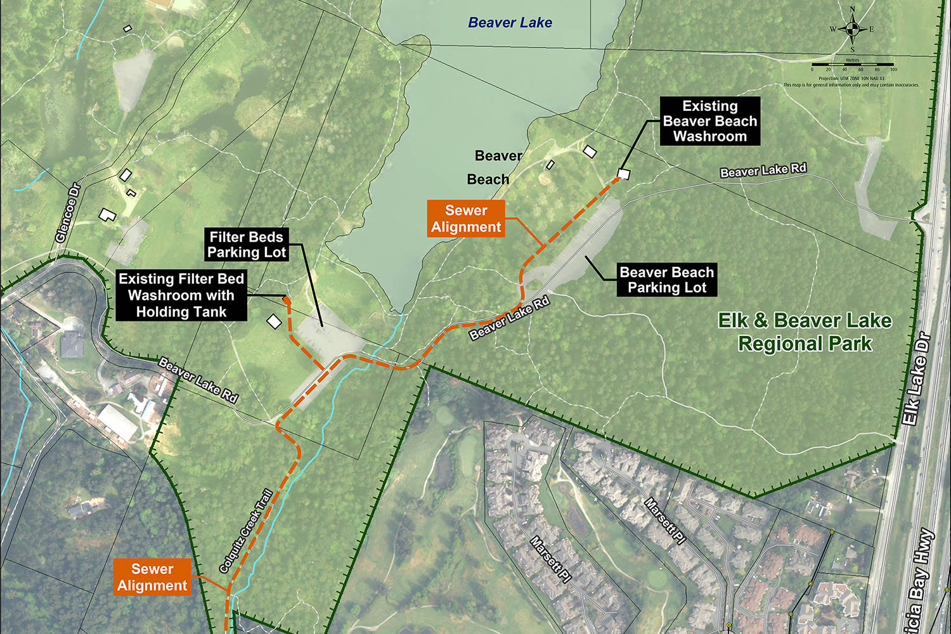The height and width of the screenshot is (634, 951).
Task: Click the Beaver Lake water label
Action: pos(510,23)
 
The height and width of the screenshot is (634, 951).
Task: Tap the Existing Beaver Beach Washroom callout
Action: pos(709,121)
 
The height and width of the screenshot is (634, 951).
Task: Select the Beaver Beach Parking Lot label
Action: pos(667,280)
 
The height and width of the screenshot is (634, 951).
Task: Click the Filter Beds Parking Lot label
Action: pos(247,245)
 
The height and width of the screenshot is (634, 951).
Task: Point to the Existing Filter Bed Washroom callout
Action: pos(181,295)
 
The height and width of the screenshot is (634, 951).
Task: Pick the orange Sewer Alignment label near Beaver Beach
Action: pos(466,219)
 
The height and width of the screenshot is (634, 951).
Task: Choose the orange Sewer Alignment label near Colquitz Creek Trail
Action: pos(152,577)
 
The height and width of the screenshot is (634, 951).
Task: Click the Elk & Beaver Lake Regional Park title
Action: pos(805,332)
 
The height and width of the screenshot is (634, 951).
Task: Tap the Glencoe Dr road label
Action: pos(68,212)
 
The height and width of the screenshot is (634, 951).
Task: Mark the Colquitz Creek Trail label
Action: pos(245,531)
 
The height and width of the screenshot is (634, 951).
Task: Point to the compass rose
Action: pos(853,29)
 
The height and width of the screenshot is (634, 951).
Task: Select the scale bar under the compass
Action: pos(853,65)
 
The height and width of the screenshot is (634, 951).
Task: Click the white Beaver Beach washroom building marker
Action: pos(624,174)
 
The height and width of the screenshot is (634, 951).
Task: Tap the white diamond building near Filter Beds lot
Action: pos(274,322)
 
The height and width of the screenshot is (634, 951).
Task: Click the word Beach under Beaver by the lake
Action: pos(488,179)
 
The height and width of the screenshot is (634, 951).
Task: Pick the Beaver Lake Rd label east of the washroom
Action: pos(763,170)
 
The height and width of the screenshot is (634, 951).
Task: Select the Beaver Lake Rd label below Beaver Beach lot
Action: pos(509,318)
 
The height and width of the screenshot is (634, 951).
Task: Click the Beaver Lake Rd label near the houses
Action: pos(198,380)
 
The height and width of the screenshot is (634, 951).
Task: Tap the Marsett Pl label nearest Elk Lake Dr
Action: pos(665,521)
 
